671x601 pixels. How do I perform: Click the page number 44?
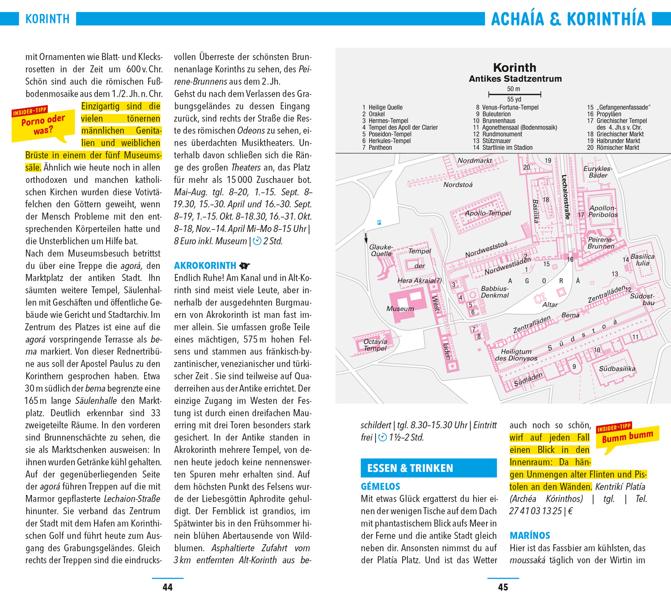[167, 587]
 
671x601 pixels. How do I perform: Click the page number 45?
[503, 587]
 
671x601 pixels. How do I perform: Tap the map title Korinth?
[514, 68]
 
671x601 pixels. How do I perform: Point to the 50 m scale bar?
[514, 94]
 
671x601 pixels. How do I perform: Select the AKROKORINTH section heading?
[205, 266]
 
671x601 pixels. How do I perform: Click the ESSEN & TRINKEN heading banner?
[429, 468]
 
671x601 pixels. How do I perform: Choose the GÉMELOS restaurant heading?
[380, 487]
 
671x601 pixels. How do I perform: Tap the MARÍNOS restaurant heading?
[530, 536]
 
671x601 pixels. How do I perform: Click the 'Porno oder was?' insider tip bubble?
[43, 125]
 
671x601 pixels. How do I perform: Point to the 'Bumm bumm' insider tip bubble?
[627, 437]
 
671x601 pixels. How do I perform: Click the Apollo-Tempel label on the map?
[488, 213]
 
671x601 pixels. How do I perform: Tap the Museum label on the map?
[400, 309]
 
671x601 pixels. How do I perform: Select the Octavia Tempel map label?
[375, 345]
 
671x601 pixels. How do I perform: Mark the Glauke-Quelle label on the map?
[381, 250]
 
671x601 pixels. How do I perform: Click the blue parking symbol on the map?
[379, 222]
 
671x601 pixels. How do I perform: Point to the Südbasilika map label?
[617, 368]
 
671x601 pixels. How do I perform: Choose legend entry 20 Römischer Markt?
[613, 148]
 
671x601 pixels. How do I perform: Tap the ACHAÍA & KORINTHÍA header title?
[568, 19]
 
